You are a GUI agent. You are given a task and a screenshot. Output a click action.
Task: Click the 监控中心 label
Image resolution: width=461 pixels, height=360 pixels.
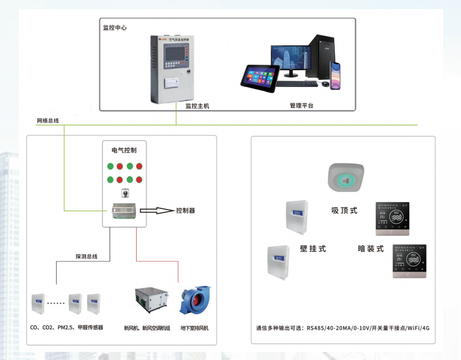point(114,28)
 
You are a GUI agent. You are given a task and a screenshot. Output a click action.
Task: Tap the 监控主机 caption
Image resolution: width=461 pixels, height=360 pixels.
point(196,106)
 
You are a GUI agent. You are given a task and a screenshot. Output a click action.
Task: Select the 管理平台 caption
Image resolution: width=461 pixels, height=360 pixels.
point(301,106)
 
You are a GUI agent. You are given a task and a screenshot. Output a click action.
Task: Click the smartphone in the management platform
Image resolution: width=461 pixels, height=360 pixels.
point(336,76)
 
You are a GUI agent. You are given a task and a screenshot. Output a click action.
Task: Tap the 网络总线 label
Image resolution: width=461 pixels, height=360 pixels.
point(48,121)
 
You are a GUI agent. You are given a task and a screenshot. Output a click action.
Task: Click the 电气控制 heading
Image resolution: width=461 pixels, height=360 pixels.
point(124,150)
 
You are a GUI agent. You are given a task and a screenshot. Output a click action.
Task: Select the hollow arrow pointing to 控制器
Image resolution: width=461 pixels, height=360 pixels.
point(157,211)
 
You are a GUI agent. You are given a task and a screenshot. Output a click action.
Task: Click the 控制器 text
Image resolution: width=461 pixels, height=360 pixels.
point(185,211)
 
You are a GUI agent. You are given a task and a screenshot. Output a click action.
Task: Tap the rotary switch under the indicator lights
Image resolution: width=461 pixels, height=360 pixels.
point(124,193)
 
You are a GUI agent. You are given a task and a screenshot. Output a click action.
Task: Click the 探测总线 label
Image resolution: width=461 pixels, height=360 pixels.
point(86,257)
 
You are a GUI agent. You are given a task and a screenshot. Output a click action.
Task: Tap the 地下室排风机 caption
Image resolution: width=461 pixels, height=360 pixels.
point(195,328)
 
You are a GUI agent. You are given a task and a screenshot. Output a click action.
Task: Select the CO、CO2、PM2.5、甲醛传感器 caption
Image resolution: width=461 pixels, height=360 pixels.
point(68,328)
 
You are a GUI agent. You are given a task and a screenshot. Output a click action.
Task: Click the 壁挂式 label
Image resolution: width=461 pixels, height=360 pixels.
point(313,249)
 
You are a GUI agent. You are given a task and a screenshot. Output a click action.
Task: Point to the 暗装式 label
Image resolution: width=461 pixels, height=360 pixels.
point(370,249)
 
